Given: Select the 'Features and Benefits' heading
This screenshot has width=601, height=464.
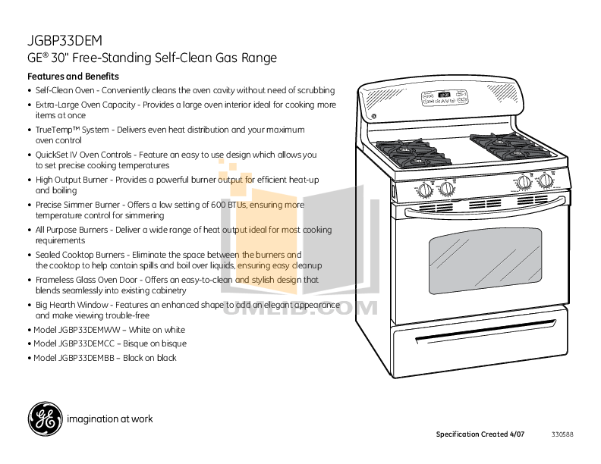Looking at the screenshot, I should click(73, 77).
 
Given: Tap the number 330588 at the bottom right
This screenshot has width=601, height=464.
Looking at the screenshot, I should click(562, 434).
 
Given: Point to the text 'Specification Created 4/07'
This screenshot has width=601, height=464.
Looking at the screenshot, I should click(480, 434).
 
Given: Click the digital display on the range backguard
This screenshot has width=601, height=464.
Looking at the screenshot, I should click(444, 96).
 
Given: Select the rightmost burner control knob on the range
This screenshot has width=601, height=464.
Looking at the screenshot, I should click(545, 180).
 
